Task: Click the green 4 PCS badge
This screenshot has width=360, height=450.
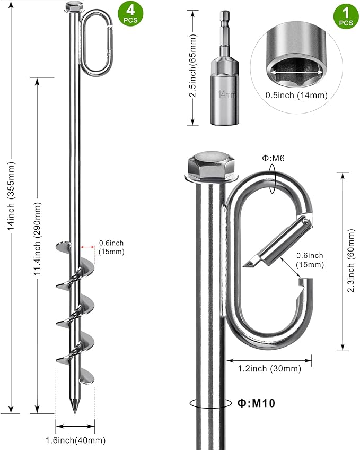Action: click(130, 13)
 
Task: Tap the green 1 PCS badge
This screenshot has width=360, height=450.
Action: click(346, 16)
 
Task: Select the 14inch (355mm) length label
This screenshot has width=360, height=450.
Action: click(11, 196)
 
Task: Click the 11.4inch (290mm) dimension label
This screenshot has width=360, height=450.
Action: click(38, 239)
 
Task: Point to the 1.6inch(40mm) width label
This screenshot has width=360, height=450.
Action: click(76, 440)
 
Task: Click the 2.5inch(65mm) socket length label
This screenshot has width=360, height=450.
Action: click(194, 66)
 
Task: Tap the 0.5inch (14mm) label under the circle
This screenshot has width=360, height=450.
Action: click(296, 96)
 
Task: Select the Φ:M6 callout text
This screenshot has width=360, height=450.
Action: click(273, 158)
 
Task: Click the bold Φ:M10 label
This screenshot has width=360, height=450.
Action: click(256, 403)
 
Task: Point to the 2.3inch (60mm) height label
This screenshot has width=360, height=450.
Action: click(351, 261)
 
